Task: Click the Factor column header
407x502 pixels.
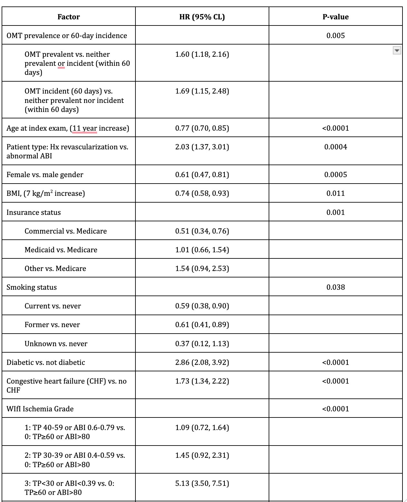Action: [x=68, y=17]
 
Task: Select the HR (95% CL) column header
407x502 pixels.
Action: [x=202, y=17]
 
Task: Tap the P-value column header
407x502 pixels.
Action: [x=335, y=17]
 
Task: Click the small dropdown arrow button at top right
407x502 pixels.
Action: [x=397, y=50]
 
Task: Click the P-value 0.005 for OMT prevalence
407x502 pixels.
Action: [x=335, y=35]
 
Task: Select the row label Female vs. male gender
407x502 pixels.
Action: [x=45, y=175]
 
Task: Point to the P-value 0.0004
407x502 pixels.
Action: [x=335, y=147]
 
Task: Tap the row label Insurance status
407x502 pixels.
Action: [x=34, y=212]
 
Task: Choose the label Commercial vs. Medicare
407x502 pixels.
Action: [x=65, y=231]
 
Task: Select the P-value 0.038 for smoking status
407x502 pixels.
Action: [x=335, y=287]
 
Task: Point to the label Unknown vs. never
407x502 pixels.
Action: [x=56, y=344]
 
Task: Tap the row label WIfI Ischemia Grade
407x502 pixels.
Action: [x=40, y=409]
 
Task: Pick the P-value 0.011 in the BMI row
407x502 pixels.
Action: [x=335, y=193]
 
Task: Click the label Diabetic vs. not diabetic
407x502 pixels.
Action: [x=46, y=362]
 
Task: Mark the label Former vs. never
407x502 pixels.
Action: [x=52, y=325]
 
